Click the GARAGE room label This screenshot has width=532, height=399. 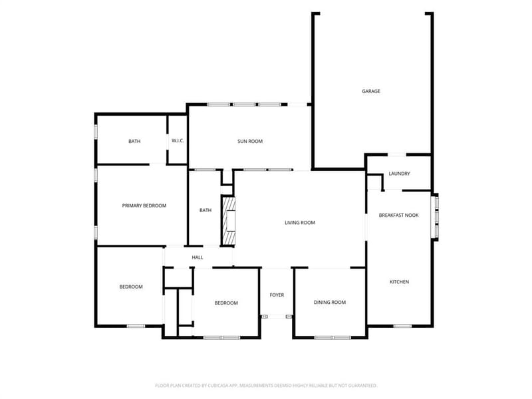371,91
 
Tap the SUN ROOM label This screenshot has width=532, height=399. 250,141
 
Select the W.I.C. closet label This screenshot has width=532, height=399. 178,140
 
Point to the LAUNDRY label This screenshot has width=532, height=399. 400,174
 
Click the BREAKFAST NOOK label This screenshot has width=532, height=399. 398,215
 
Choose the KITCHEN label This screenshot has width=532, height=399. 400,282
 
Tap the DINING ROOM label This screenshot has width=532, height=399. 330,303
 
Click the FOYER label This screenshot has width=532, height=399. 277,295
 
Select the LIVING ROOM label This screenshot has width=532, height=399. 300,223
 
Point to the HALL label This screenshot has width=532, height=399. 198,257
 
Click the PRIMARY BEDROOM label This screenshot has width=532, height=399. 144,205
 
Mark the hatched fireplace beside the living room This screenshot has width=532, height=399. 228,221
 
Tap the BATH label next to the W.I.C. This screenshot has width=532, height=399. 134,141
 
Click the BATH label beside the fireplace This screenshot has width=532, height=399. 205,210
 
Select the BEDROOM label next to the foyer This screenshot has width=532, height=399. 226,303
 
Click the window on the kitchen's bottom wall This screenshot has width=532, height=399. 403,326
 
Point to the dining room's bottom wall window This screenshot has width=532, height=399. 332,338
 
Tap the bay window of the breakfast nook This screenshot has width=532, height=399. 436,217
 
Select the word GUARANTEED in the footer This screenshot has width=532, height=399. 364,386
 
